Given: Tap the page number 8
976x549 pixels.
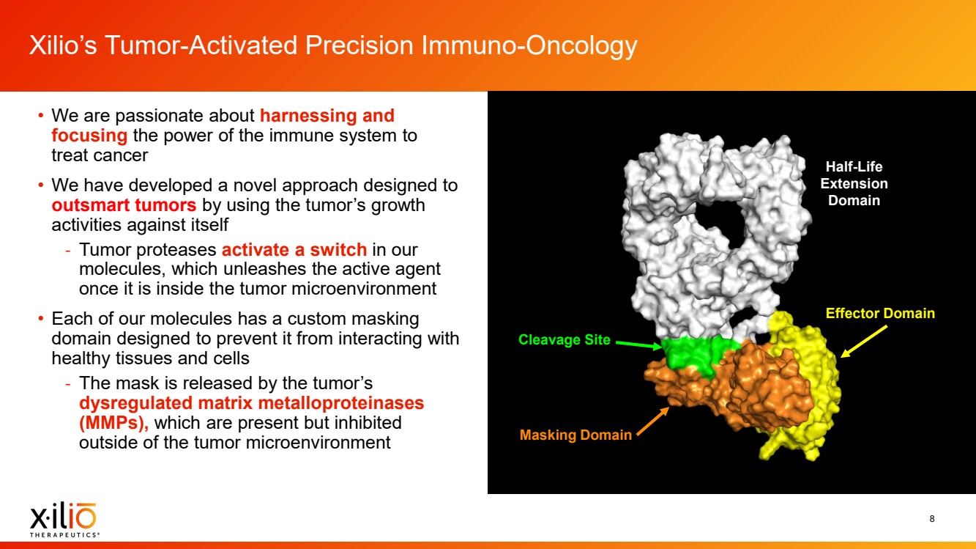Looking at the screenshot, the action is point(932,518).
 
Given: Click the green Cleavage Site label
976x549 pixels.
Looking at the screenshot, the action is point(565,339).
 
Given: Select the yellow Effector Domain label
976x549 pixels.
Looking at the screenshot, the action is point(880,313).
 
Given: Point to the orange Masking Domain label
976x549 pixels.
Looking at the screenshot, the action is point(575,435).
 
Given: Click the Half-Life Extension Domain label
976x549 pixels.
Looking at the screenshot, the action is point(854,183).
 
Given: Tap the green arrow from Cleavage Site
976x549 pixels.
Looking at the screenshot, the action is point(638,344).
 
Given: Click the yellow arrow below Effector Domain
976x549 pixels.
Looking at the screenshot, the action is point(863,342).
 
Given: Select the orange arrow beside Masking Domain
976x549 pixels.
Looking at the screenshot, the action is point(652,421).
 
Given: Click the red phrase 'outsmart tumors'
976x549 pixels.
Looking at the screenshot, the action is point(124,205).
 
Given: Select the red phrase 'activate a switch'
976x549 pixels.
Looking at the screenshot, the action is point(294,250).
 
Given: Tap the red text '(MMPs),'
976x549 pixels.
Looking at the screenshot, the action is point(113,423).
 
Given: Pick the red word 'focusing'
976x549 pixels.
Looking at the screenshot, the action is point(89,136).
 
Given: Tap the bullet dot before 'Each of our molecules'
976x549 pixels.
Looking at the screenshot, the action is point(40,318).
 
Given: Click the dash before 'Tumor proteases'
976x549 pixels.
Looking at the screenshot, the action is point(68,251).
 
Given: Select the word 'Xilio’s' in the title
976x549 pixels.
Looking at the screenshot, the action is point(63,45).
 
